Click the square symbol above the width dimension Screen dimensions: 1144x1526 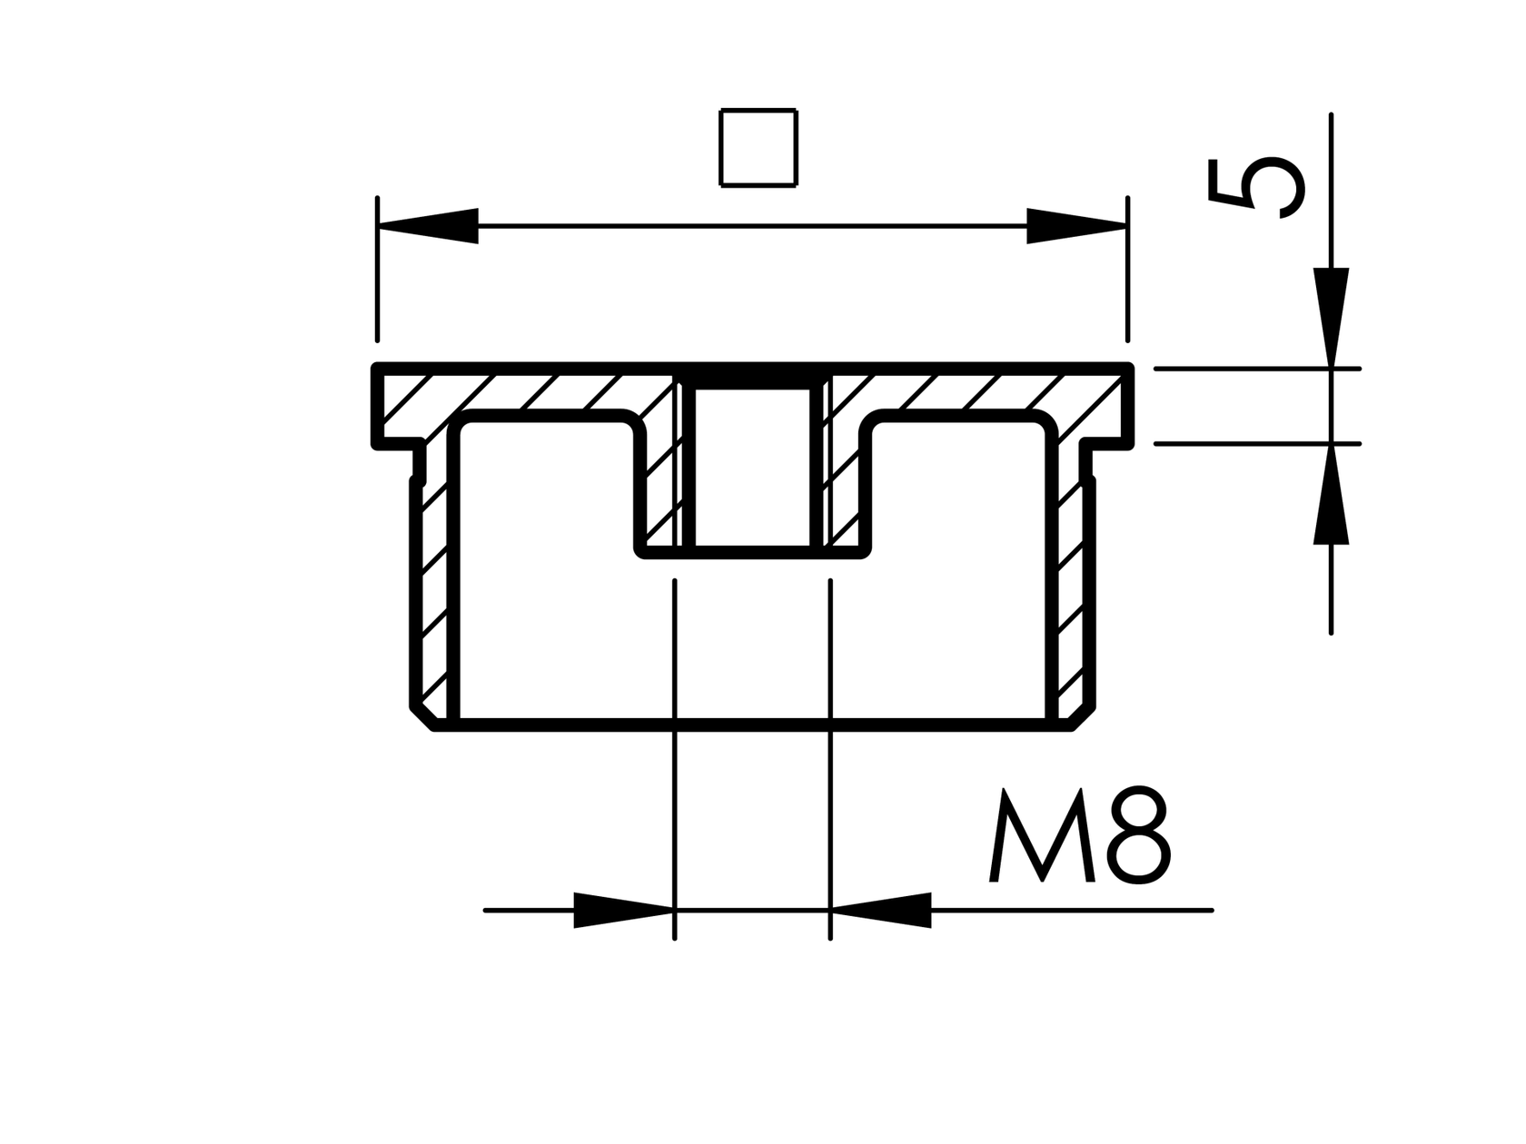click(x=758, y=148)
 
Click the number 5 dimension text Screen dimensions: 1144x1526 click(x=1255, y=188)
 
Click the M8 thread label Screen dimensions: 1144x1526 click(x=1079, y=837)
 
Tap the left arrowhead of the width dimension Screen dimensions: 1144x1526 click(x=428, y=226)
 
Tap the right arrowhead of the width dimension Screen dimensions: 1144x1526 click(x=1076, y=226)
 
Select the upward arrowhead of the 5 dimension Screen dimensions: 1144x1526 click(x=1331, y=496)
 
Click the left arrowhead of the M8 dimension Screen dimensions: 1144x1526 click(x=623, y=910)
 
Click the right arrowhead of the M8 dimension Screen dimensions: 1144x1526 click(x=881, y=910)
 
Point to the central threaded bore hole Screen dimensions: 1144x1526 click(x=752, y=468)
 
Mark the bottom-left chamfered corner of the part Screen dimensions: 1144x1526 click(x=423, y=716)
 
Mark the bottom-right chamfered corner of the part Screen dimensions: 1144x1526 click(x=1083, y=716)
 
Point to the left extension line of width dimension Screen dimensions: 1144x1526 click(x=377, y=272)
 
